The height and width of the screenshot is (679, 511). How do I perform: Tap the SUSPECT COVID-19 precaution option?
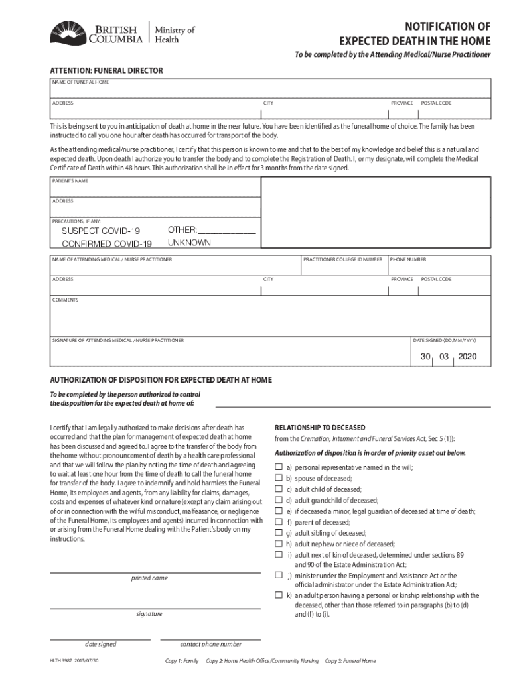tap(101, 231)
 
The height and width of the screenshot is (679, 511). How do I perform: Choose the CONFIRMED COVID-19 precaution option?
tap(107, 244)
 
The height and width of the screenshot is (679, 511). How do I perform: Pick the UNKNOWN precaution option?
tap(189, 243)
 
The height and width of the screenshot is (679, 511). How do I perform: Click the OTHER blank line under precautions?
tap(227, 230)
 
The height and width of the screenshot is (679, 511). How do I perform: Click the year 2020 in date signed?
tap(467, 357)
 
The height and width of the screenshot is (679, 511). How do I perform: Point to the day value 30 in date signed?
tap(425, 357)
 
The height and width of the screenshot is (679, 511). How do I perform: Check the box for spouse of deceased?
tap(279, 478)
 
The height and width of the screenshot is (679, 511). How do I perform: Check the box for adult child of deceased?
tap(279, 489)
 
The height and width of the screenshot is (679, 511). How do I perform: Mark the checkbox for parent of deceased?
tap(279, 522)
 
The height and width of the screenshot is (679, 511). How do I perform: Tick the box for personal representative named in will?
tap(279, 467)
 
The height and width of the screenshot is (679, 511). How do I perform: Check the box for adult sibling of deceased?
tap(279, 532)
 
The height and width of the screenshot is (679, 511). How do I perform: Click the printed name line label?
tap(149, 578)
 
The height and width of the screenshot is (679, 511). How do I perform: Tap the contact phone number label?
tap(210, 644)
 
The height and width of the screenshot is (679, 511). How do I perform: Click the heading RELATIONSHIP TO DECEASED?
tap(320, 427)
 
